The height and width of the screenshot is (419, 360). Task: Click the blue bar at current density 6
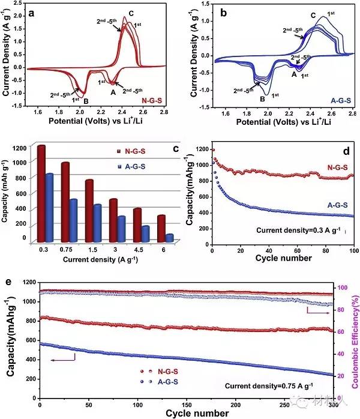[169, 238]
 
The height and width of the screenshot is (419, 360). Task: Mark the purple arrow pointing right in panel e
[319, 312]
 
